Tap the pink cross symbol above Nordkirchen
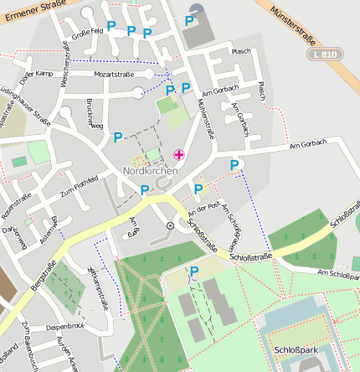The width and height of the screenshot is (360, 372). [178, 154]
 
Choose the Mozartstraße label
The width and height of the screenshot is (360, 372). [114, 75]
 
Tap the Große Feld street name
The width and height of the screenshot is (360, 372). [87, 34]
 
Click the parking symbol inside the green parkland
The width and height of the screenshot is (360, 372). [194, 271]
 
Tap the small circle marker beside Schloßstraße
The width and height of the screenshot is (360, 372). [171, 225]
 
